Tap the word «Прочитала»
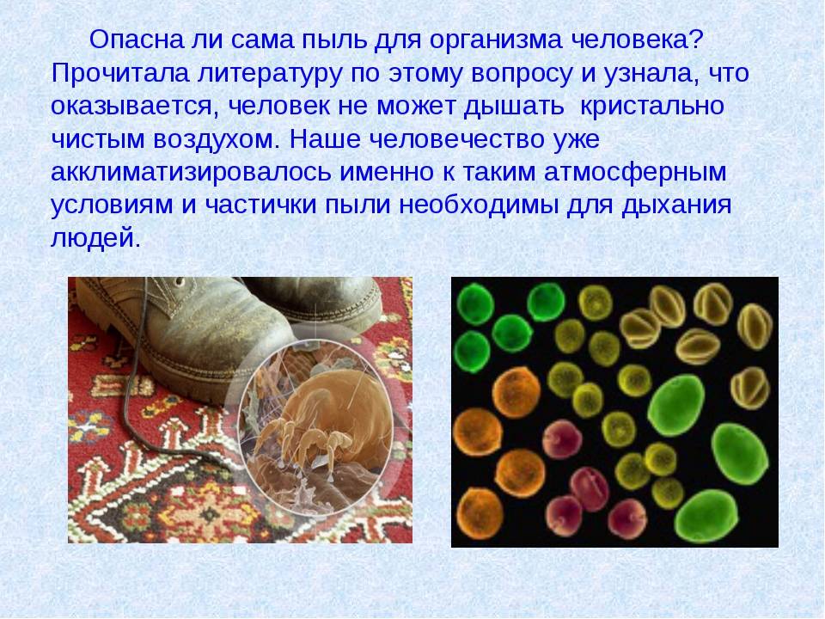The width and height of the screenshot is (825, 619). point(120,73)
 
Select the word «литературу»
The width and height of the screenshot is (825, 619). point(271,74)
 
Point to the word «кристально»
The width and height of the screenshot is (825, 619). point(652,107)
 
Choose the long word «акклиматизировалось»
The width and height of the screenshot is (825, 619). point(191,173)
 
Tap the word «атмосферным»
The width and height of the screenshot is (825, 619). point(635,173)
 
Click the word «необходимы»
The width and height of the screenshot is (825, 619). point(479,205)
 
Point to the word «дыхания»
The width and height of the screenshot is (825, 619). point(676,205)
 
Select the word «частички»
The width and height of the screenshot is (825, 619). point(260,205)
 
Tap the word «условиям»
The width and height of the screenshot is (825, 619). point(112,205)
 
